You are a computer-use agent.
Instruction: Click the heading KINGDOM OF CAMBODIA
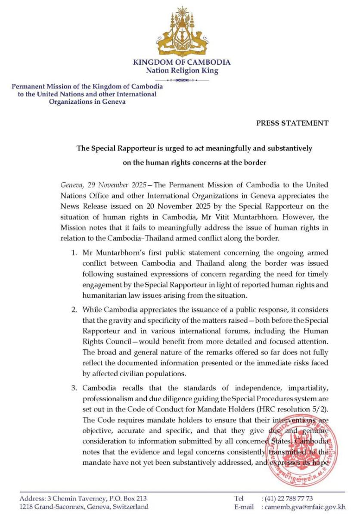182,62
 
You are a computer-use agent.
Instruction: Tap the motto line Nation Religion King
182,71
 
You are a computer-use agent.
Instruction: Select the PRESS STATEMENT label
292,123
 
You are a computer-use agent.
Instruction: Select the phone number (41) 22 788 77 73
287,498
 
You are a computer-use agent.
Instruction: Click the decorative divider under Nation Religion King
182,80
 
